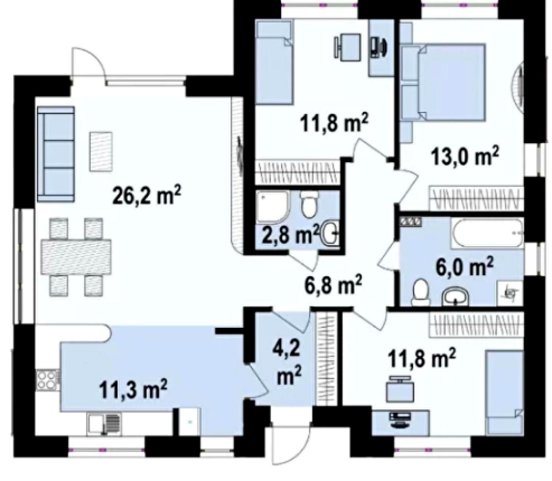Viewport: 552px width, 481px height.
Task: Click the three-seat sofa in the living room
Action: pyautogui.click(x=56, y=154)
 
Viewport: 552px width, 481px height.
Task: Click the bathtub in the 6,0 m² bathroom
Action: pyautogui.click(x=487, y=233)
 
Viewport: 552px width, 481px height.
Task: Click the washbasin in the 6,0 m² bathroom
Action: pyautogui.click(x=455, y=297)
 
